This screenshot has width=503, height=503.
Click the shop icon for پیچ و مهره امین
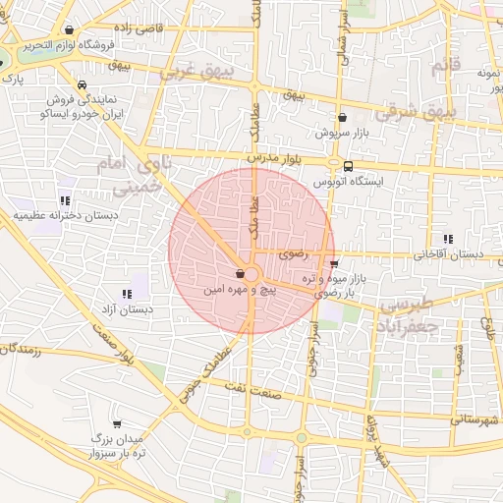point(241,274)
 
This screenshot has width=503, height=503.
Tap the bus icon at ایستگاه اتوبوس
point(349,165)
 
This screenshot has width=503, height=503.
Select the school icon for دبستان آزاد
point(127,293)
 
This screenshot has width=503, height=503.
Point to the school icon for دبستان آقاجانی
point(449,239)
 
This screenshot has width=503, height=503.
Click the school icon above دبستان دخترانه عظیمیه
point(65,200)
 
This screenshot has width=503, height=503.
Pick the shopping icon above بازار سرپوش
point(342,116)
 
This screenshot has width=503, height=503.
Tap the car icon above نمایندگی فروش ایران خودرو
point(85,84)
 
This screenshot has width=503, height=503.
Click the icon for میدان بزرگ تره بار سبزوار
point(118,424)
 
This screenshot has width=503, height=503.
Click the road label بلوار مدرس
point(270,156)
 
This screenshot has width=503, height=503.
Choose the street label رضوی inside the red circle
point(293,254)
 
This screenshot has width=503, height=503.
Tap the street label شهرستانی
point(475,419)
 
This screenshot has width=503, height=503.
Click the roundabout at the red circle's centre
point(251,274)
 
